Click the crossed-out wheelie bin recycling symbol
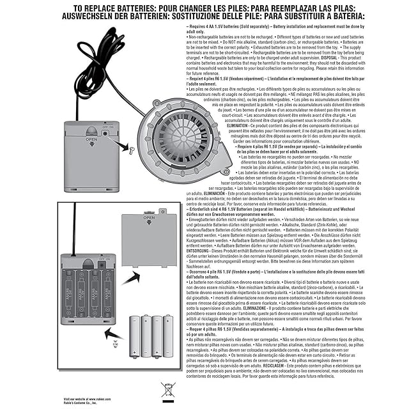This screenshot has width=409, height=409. click(168, 389)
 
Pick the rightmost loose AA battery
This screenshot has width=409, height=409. click(168, 336)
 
